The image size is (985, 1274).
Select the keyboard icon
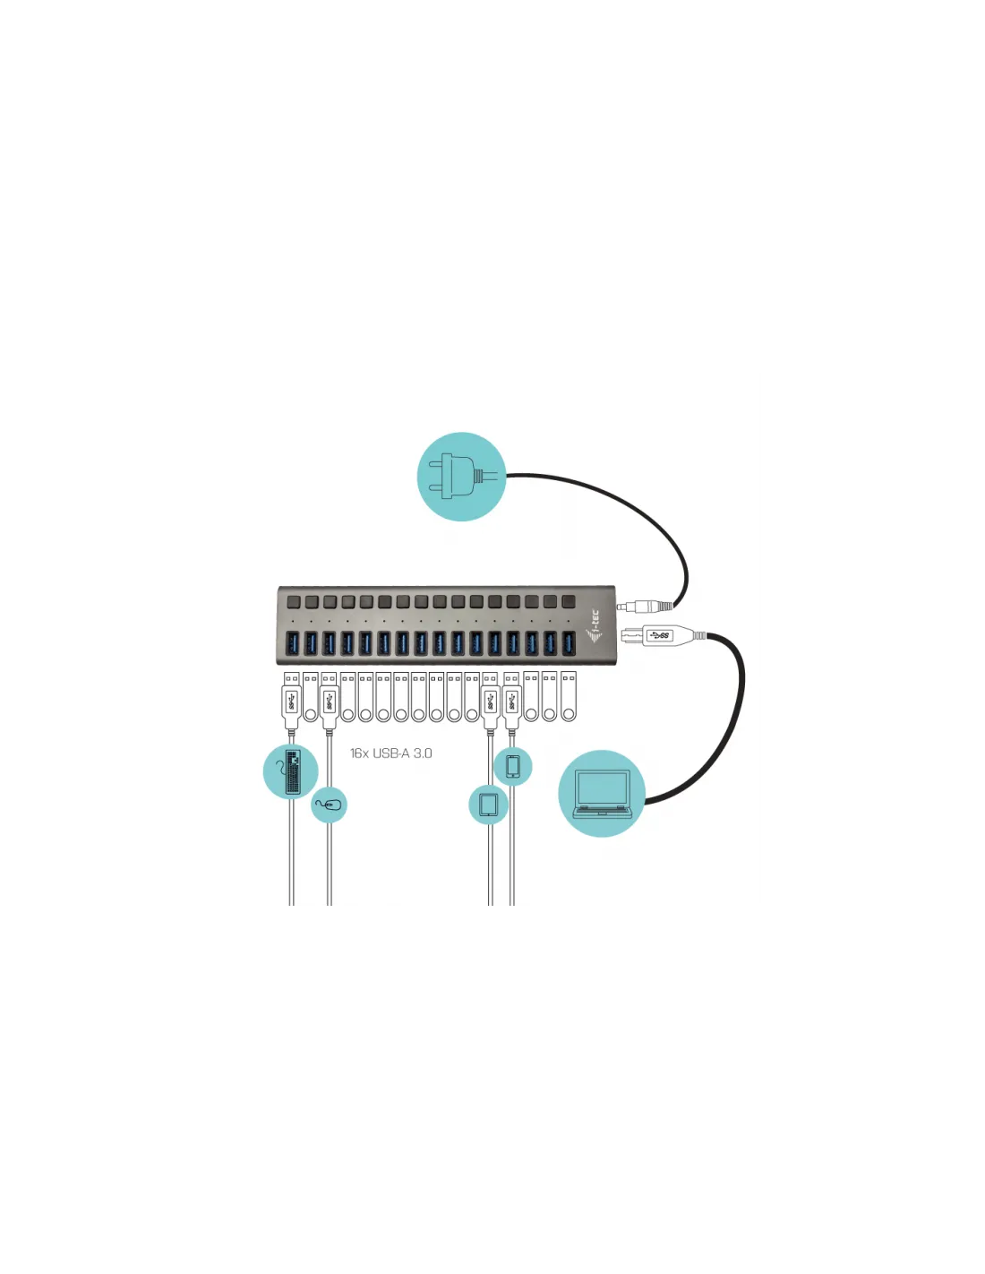click(x=291, y=771)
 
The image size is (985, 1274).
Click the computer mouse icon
click(x=330, y=805)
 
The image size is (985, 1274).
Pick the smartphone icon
click(x=513, y=767)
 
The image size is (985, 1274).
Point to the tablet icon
click(x=489, y=804)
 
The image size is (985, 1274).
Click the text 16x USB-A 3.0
click(x=390, y=753)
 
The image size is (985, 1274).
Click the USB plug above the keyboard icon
click(x=291, y=700)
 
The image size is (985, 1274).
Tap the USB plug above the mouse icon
click(x=329, y=700)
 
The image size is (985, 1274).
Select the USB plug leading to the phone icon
click(x=511, y=700)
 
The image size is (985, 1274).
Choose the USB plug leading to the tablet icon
click(x=490, y=700)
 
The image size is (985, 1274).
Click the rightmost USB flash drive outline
click(x=569, y=697)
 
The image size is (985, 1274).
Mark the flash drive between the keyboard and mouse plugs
click(x=310, y=697)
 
